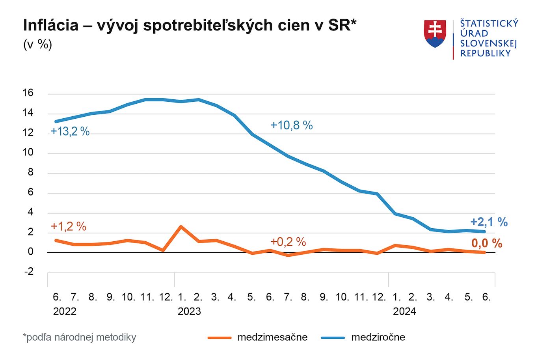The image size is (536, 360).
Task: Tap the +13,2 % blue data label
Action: coord(70,132)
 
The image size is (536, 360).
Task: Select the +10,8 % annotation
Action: coord(291,125)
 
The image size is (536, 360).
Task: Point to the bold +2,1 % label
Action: coord(489,222)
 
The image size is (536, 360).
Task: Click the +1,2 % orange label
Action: coord(68,226)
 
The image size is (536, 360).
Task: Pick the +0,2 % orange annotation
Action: coord(288,242)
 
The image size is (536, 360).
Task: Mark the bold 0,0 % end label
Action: coord(487,244)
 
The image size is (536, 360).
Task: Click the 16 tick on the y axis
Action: coord(28,93)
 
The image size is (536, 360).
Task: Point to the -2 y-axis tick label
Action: coord(29,272)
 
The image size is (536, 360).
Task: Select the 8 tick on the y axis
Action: coord(30,173)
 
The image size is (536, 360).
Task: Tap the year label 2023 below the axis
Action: coord(189,312)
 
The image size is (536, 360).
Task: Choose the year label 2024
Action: coord(404,312)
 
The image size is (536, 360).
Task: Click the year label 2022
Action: coord(65,312)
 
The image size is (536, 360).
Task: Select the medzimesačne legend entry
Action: coord(272,337)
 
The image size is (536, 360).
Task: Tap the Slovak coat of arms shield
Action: coord(435,34)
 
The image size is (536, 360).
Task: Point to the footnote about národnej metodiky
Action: coord(80,337)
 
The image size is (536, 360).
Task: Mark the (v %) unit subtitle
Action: coord(37,44)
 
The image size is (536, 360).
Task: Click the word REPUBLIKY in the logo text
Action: coord(485,54)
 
